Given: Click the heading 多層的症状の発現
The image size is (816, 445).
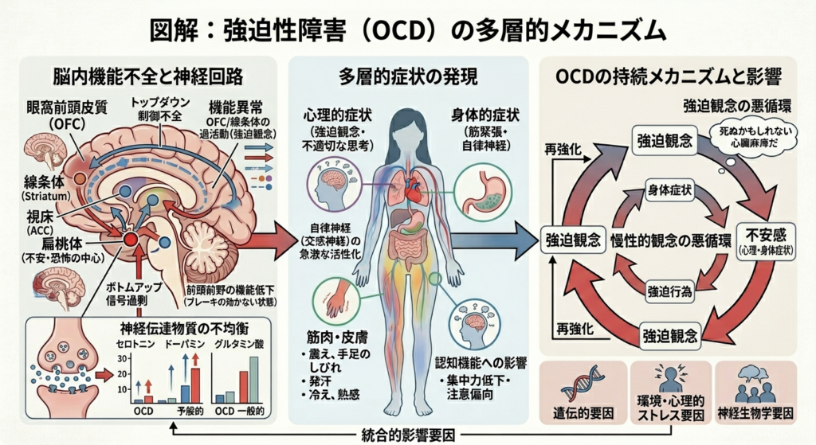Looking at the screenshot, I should point(408,77).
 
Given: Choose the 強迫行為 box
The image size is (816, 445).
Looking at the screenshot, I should point(669,289).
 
